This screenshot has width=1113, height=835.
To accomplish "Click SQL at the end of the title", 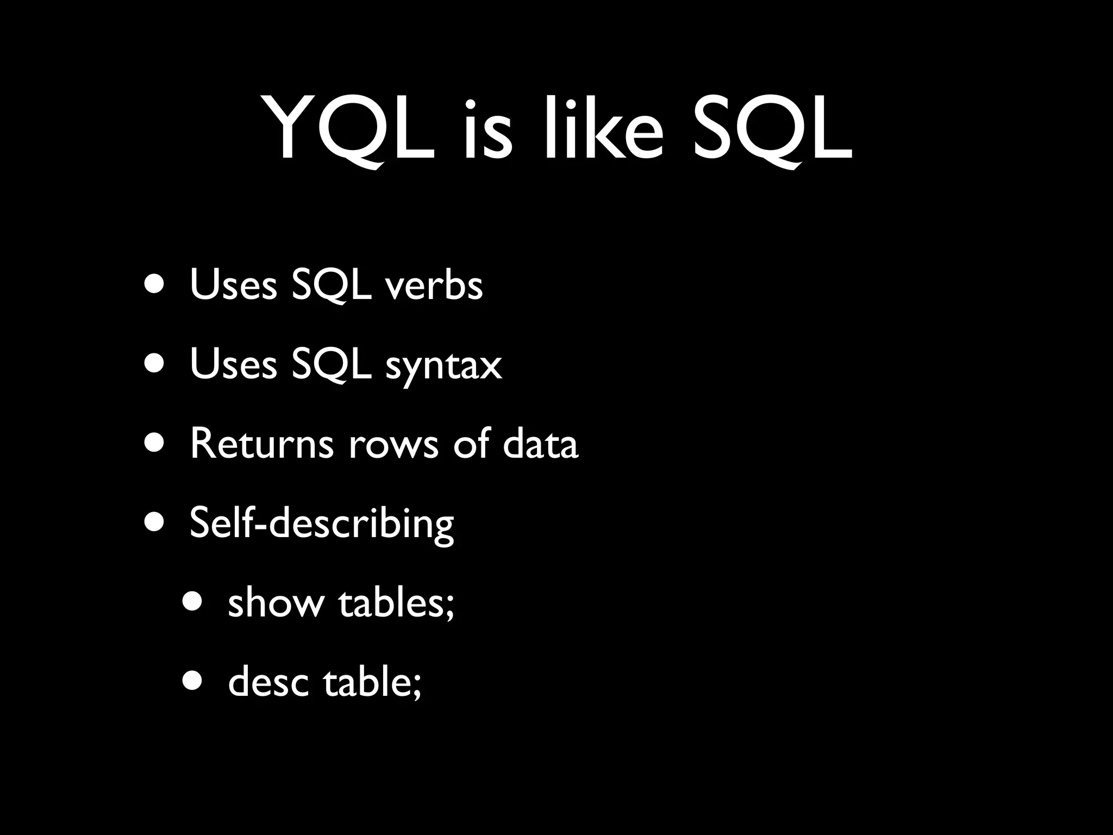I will tap(772, 130).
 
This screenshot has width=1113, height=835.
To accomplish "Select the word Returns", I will tap(261, 444).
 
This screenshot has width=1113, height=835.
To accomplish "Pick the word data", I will tap(540, 444).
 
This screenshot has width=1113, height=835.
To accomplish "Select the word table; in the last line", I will tap(372, 682).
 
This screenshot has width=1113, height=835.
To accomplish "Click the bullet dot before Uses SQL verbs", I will tap(154, 285).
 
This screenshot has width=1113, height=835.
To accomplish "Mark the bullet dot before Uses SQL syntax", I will tap(154, 364).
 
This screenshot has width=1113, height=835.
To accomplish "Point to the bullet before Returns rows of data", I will tap(154, 444).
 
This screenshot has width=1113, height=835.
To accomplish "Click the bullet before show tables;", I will tap(193, 602).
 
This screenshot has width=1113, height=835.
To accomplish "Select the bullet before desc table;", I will tap(193, 681).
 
